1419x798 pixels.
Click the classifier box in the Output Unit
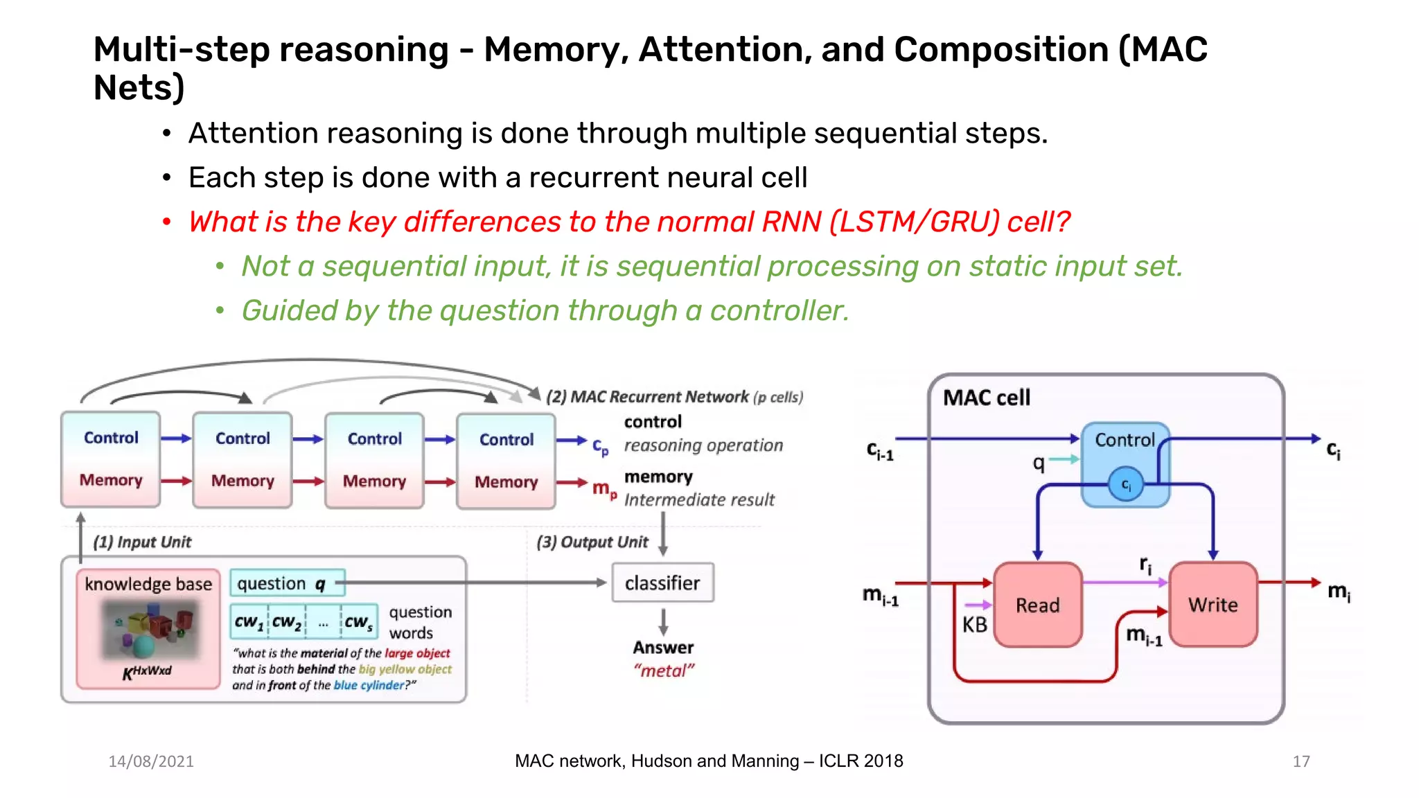pos(662,583)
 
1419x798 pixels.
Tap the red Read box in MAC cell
pos(1037,605)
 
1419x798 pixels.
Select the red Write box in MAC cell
pos(1213,605)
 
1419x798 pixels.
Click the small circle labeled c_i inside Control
pos(1126,484)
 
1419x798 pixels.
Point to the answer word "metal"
pos(663,671)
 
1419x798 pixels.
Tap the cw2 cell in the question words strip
pos(287,621)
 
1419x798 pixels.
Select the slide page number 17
pos(1301,761)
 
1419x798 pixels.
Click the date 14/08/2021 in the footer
pos(151,761)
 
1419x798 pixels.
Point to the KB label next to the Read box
pos(974,625)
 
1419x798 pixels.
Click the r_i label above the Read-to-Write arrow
pos(1145,565)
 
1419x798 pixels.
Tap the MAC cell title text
pos(986,398)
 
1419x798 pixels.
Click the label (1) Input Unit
pos(142,542)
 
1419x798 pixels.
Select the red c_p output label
pos(600,447)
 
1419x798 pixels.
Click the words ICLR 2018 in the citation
pos(861,761)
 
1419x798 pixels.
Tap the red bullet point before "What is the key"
pos(166,222)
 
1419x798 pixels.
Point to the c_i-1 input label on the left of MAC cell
pos(880,451)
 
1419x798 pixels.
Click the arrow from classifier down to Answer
pos(663,621)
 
